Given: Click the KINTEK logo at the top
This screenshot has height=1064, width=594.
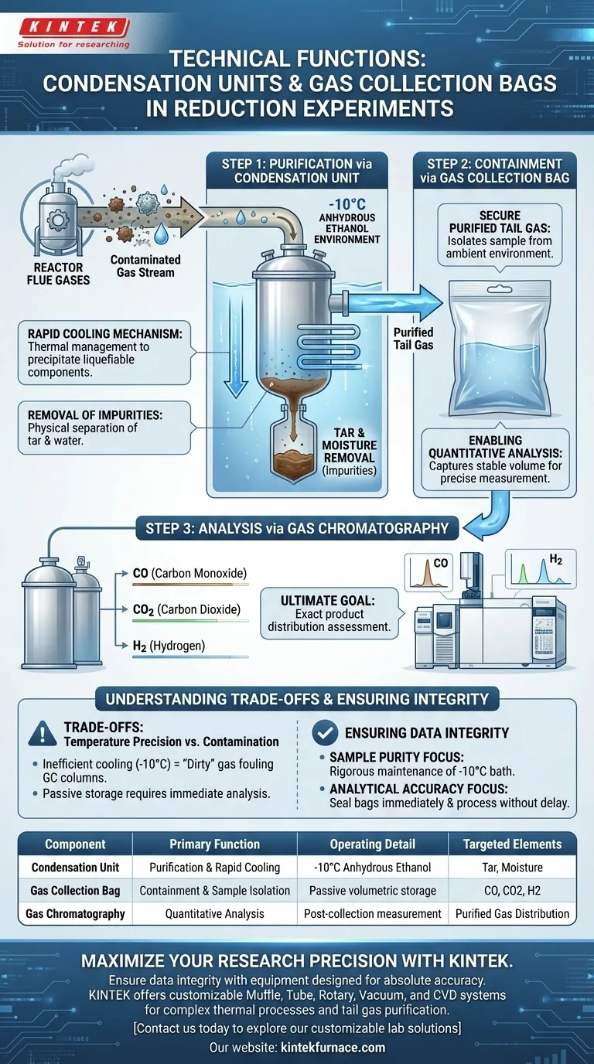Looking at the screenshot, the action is (x=73, y=33).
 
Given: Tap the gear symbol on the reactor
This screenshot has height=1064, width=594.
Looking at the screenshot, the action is (x=58, y=220).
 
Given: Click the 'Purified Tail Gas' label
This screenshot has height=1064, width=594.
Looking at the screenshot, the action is (x=414, y=339).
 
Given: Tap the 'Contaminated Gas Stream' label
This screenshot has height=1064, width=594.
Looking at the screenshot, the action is (x=145, y=266).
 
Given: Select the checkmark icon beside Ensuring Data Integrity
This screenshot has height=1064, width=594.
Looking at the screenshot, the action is (x=325, y=732).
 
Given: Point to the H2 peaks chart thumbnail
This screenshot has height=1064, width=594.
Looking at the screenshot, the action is (x=541, y=569).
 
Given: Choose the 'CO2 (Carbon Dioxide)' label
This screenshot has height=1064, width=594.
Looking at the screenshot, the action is (x=186, y=609).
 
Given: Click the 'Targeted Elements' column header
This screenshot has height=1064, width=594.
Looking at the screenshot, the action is (x=512, y=844).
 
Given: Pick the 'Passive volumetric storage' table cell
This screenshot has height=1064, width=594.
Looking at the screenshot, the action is (x=373, y=891).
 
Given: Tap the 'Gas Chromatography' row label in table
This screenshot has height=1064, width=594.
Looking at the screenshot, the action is (x=75, y=914).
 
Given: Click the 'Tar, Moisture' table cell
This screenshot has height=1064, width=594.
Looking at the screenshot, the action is (x=512, y=868).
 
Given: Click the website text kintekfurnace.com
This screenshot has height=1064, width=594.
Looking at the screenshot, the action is (x=333, y=1047).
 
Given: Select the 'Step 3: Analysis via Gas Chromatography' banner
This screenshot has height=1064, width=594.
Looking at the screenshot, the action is (x=297, y=528).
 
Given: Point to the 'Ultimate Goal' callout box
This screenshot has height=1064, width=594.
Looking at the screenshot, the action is (x=329, y=613).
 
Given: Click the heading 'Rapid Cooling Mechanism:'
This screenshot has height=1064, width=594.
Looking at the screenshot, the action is (x=104, y=334).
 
